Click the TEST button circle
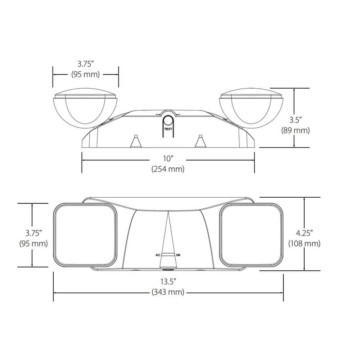[168, 121]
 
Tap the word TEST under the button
[168, 129]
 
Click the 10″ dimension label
[168, 158]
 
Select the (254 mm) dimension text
[168, 169]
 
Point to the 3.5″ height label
[295, 120]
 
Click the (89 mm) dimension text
[296, 130]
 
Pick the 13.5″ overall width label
[168, 282]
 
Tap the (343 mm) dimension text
[168, 292]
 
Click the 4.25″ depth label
[304, 233]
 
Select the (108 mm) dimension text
[304, 243]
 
